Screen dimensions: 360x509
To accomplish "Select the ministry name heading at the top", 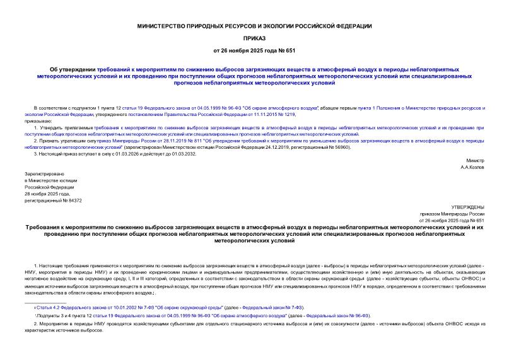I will (254, 26).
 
